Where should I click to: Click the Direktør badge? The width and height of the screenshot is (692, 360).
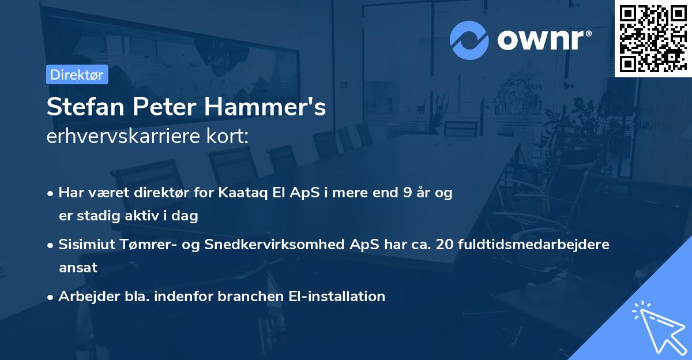77,74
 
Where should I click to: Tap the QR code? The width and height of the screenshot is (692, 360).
653,39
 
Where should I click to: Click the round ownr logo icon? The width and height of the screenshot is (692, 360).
469,40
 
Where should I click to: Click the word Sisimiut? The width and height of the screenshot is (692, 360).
88,245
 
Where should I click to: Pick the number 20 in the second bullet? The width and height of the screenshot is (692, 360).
445,245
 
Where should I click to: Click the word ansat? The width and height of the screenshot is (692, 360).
78,268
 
